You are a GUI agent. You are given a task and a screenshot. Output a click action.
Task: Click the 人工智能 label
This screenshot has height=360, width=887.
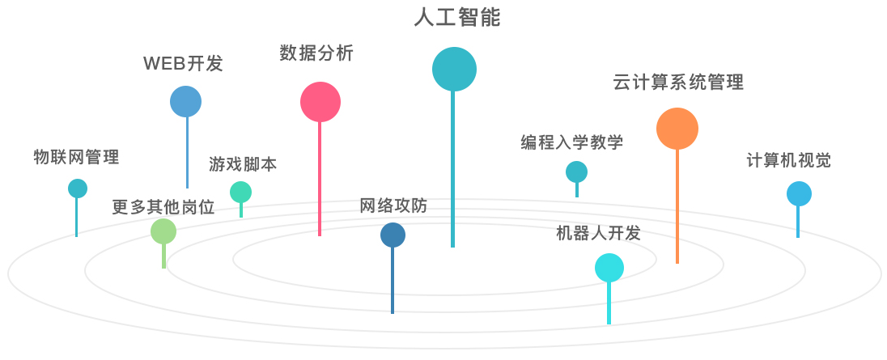click(x=456, y=17)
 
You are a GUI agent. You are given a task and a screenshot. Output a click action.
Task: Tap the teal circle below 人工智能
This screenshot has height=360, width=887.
click(x=454, y=69)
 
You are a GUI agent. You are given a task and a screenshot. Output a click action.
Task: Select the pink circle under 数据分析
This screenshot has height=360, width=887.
click(x=320, y=102)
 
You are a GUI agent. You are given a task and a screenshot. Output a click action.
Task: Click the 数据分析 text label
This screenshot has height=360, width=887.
click(x=316, y=53)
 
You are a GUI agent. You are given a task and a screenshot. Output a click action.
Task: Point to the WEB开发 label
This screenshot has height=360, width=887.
click(x=183, y=64)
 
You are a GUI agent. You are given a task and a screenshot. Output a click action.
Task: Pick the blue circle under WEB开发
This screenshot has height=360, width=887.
click(x=185, y=101)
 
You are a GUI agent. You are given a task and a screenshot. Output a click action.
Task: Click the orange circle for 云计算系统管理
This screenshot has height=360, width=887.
click(x=677, y=129)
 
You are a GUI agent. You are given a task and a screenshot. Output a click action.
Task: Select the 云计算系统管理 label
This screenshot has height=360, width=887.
click(x=678, y=82)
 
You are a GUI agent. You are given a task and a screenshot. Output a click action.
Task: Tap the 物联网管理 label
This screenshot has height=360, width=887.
click(x=76, y=157)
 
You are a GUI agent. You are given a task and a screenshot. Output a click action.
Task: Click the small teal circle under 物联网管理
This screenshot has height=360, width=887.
click(x=77, y=188)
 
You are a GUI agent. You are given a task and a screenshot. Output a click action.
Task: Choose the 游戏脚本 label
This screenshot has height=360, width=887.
click(x=243, y=164)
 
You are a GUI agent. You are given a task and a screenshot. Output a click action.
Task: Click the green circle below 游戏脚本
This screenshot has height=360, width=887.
click(x=240, y=192)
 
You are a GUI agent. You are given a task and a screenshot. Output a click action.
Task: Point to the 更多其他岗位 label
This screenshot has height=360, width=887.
click(x=163, y=207)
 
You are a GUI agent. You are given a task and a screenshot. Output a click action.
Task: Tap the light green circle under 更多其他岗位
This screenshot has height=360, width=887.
click(x=163, y=231)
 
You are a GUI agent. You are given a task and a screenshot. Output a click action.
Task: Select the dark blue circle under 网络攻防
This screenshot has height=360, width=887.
click(x=393, y=235)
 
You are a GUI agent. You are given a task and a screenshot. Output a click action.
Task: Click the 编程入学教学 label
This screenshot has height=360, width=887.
click(x=572, y=143)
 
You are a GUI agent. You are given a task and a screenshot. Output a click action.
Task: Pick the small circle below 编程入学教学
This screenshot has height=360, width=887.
click(x=576, y=172)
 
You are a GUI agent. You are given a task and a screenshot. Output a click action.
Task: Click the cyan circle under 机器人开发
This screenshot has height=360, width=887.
click(x=609, y=267)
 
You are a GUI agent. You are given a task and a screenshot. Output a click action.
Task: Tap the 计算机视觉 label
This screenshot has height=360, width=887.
click(x=788, y=160)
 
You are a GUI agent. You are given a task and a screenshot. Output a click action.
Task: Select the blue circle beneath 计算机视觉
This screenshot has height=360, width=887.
click(x=799, y=193)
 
